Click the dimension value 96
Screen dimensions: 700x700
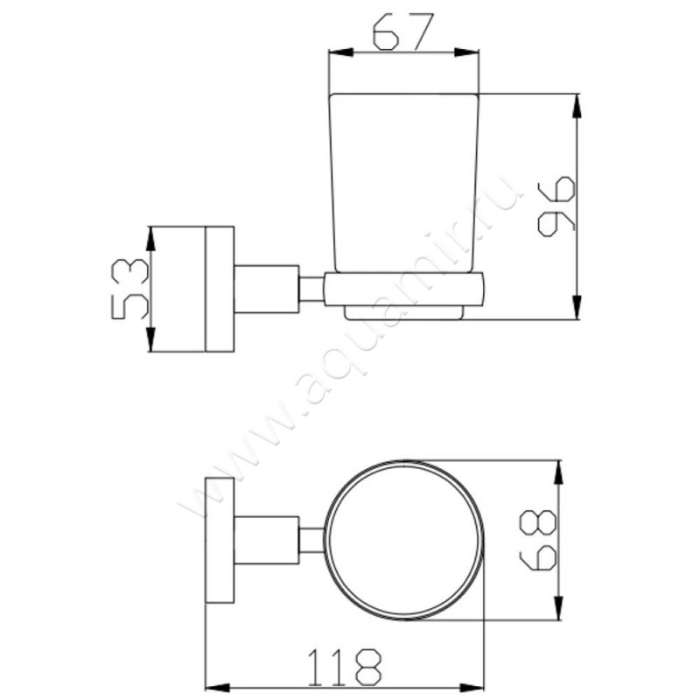[556, 206]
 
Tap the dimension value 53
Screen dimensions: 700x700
[129, 289]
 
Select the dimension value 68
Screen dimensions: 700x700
[538, 540]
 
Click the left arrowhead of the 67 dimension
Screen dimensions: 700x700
[340, 52]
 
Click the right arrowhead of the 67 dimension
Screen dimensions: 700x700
[466, 52]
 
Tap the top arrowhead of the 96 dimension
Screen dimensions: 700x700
[577, 106]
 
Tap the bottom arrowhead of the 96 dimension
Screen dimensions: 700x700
[577, 307]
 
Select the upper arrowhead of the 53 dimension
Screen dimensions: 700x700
[150, 239]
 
